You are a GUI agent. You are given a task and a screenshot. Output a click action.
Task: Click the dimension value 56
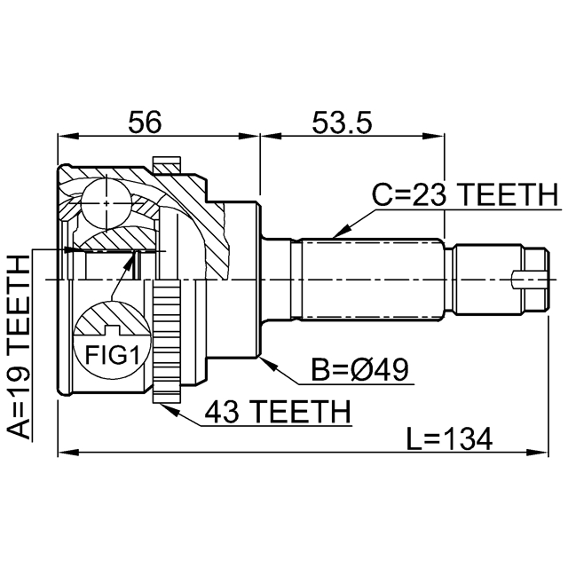[x=145, y=122]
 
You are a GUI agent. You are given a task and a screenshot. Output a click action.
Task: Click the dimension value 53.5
[x=342, y=122]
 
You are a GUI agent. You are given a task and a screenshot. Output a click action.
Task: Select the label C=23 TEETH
[x=465, y=194]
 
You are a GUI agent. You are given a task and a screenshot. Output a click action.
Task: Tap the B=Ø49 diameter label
[x=360, y=370]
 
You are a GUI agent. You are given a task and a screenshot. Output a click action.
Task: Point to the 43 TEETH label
[x=278, y=412]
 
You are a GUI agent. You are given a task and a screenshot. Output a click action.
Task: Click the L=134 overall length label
[x=449, y=438]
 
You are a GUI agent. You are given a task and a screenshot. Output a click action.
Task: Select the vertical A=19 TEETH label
[x=18, y=347]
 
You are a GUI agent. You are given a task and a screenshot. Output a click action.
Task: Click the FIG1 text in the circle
[x=112, y=355]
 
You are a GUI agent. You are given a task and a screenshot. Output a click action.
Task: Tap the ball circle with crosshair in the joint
[x=106, y=203]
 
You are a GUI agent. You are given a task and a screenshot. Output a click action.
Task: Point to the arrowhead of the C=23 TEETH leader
[x=341, y=232]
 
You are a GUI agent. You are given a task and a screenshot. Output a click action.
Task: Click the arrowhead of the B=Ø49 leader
[x=267, y=363]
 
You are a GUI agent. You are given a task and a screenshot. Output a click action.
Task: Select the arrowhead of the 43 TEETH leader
[x=170, y=409]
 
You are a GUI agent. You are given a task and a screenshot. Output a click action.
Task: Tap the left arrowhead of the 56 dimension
[x=68, y=136]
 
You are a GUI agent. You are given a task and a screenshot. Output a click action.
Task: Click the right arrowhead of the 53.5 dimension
[x=434, y=136]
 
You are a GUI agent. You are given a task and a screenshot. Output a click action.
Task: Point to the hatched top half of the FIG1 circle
[x=112, y=319]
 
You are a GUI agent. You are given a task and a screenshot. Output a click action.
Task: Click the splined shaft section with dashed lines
[x=372, y=279]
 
